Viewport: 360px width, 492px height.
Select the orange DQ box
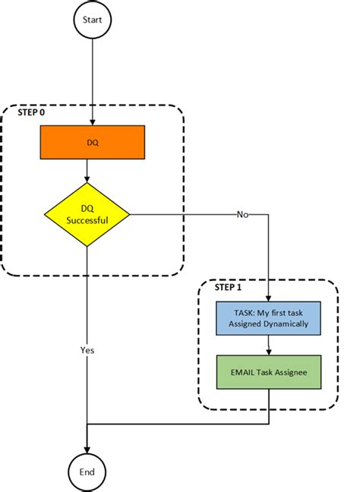point(91,142)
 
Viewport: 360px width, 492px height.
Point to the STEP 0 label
point(32,112)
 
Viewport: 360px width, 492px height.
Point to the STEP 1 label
point(229,289)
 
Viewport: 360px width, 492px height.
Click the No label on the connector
point(243,215)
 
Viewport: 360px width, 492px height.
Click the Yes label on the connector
point(88,351)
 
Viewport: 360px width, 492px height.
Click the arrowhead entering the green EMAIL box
point(269,353)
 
